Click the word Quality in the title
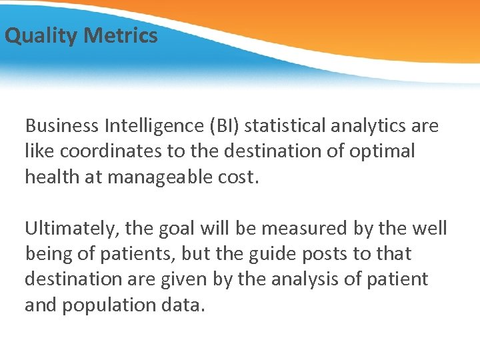[41, 35]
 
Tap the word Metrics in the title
[121, 35]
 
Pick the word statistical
[300, 126]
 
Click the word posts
[300, 254]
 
